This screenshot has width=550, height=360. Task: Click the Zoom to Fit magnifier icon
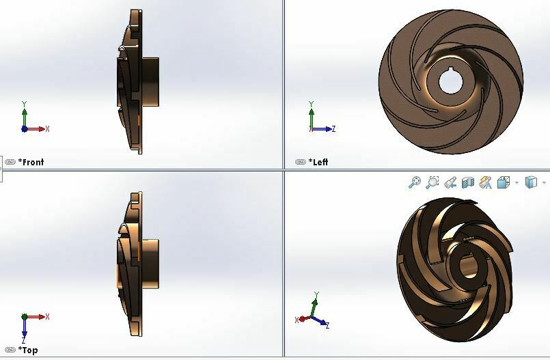tap(415, 182)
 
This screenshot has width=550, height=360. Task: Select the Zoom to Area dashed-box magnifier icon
tap(432, 182)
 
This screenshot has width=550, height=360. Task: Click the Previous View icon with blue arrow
tap(450, 182)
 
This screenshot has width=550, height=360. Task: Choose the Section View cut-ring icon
tap(468, 182)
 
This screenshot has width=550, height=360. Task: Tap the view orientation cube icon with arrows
tap(486, 182)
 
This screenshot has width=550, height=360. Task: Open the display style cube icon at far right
tap(531, 182)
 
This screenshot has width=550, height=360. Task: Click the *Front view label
tap(31, 162)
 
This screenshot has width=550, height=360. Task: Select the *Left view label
tap(319, 162)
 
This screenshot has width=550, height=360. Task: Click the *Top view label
tap(29, 350)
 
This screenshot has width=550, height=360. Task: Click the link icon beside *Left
tap(301, 162)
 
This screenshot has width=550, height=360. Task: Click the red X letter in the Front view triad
tap(47, 128)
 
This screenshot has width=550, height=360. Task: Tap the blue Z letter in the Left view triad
tap(333, 128)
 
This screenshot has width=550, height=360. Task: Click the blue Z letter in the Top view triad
tap(24, 340)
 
